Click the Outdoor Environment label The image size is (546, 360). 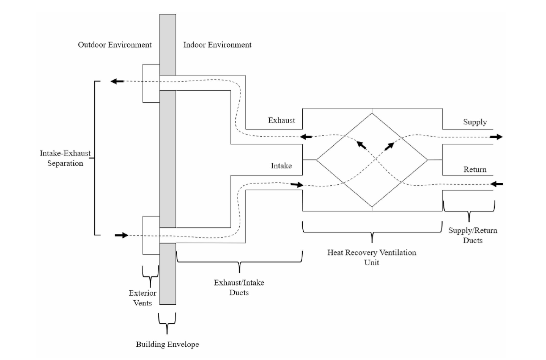coord(115,45)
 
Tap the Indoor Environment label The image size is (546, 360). coord(217,45)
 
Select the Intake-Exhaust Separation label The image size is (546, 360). coord(65,158)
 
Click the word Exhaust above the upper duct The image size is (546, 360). coord(281,120)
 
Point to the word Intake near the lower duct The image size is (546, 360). coord(281,166)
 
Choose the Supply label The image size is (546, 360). coord(475,122)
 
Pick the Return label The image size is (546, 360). coord(475,170)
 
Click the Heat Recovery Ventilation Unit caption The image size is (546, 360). coord(372,257)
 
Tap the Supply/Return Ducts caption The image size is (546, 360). coord(473,235)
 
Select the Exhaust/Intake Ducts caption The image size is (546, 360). coord(239,287)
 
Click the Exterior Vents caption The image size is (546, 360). coord(142,298)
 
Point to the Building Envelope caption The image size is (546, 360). coord(167,344)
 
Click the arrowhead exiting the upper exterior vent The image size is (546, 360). coord(117,81)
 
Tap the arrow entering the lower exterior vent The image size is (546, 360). coord(121,235)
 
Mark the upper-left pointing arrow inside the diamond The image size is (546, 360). coord(361,145)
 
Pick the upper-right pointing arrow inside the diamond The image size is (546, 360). coord(389,146)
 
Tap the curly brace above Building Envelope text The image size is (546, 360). coord(167,322)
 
